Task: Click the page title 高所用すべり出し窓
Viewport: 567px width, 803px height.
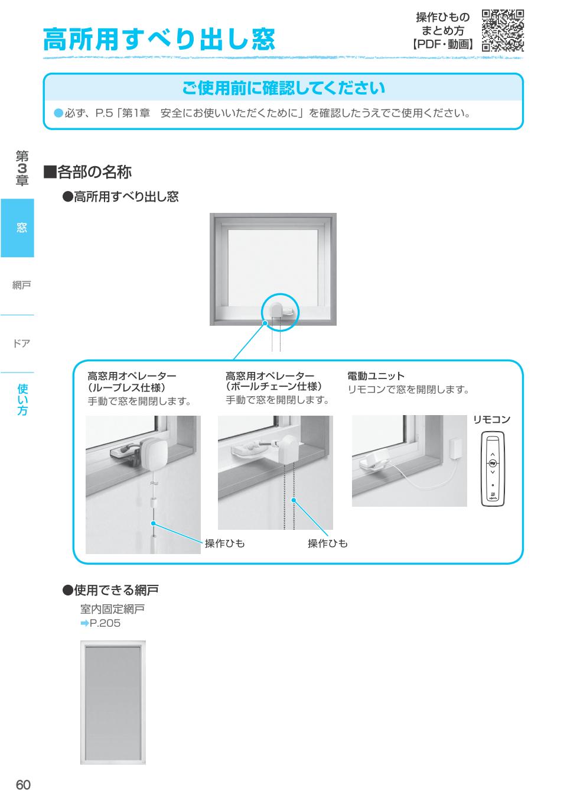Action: pos(159,39)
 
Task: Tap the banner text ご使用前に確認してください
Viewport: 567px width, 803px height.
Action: pos(283,88)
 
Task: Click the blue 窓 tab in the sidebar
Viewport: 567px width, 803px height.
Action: pos(18,228)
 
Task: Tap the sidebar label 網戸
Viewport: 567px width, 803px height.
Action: pos(21,285)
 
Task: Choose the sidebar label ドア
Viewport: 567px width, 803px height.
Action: pos(21,343)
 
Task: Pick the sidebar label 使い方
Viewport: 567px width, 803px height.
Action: pos(22,399)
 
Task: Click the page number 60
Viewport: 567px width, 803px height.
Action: pos(22,785)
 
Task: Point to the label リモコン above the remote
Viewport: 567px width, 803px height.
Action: pos(491,420)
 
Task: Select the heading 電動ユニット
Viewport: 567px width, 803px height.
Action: pos(376,376)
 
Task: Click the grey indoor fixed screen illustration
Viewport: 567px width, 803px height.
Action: pos(113,702)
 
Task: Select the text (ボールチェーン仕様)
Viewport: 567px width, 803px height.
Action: pos(274,387)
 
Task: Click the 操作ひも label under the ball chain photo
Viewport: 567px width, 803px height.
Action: pos(327,543)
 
